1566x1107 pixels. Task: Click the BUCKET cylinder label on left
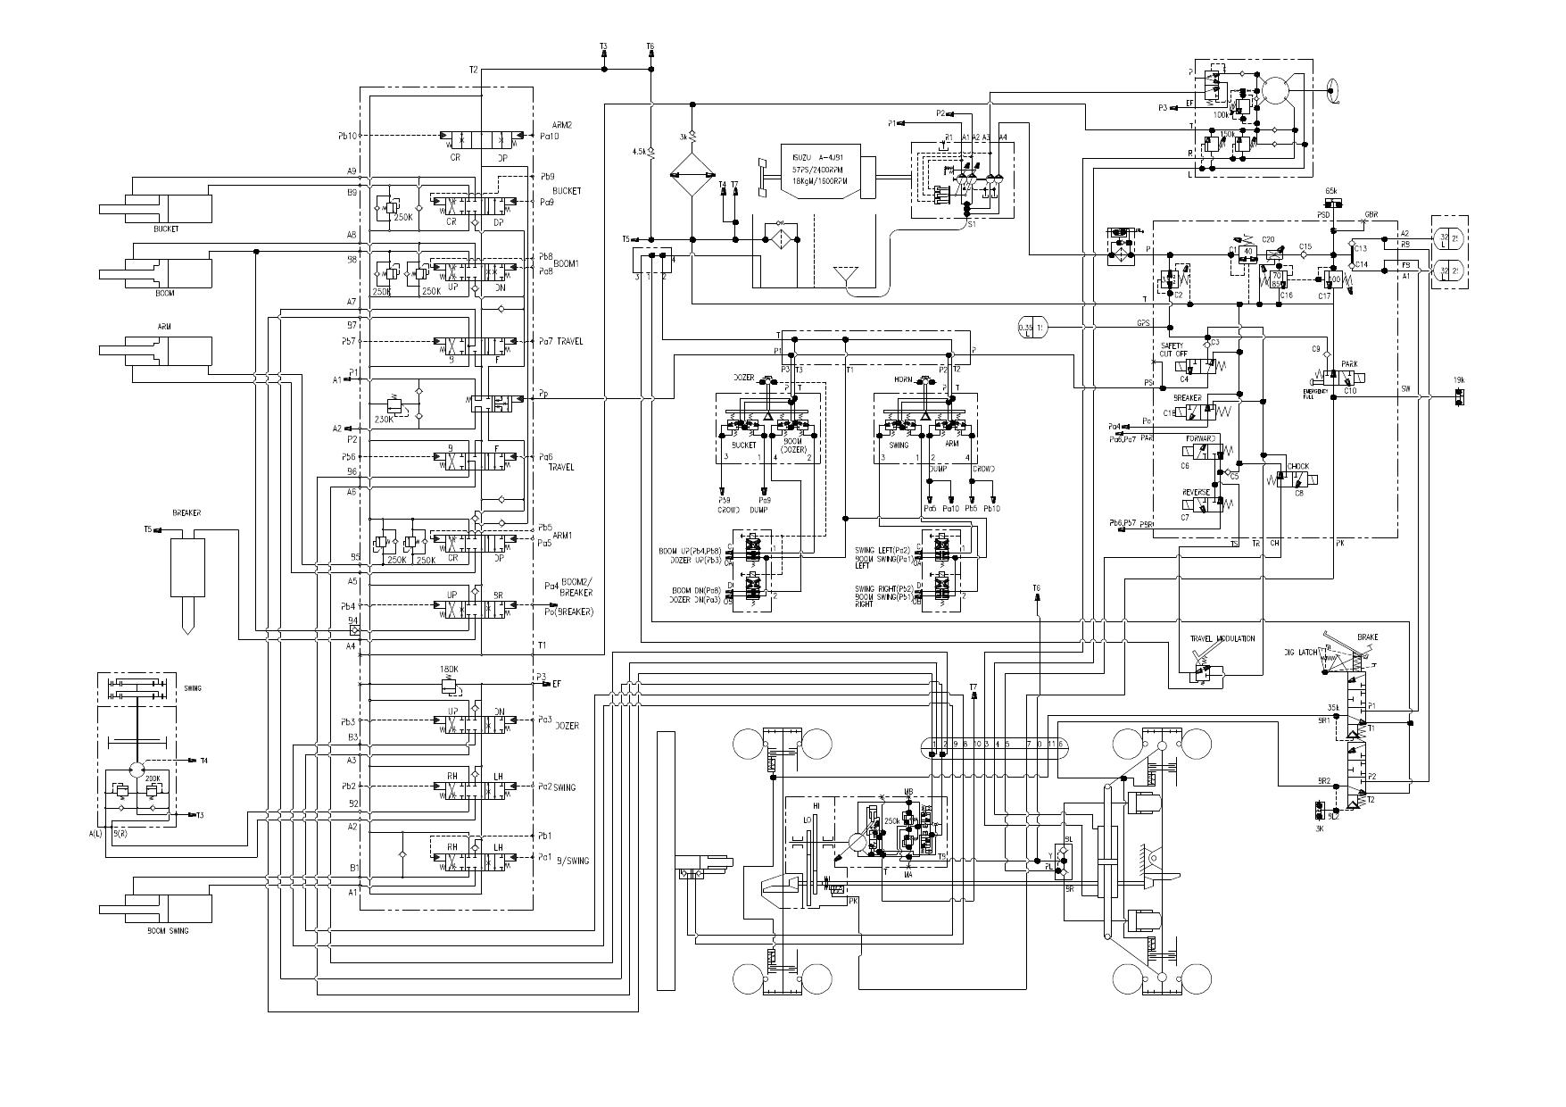pyautogui.click(x=165, y=229)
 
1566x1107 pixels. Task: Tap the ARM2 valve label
pyautogui.click(x=561, y=126)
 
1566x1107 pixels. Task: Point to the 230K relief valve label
pyautogui.click(x=385, y=419)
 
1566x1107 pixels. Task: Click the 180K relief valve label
pyautogui.click(x=449, y=669)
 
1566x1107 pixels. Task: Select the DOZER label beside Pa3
pyautogui.click(x=568, y=726)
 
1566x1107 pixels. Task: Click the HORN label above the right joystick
pyautogui.click(x=902, y=380)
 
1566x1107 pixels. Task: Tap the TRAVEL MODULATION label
pyautogui.click(x=1222, y=638)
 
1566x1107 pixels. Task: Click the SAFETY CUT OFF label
pyautogui.click(x=1172, y=349)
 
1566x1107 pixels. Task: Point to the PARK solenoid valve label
pyautogui.click(x=1349, y=365)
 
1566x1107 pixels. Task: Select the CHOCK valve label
pyautogui.click(x=1297, y=466)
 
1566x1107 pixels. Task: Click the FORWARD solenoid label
pyautogui.click(x=1200, y=438)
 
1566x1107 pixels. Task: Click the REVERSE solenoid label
pyautogui.click(x=1196, y=492)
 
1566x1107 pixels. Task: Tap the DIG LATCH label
pyautogui.click(x=1301, y=653)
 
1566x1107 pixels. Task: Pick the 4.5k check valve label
pyautogui.click(x=638, y=152)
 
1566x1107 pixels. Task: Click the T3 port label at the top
pyautogui.click(x=603, y=46)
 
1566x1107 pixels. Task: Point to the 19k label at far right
pyautogui.click(x=1458, y=380)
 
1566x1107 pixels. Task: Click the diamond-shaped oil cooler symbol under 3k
pyautogui.click(x=692, y=175)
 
